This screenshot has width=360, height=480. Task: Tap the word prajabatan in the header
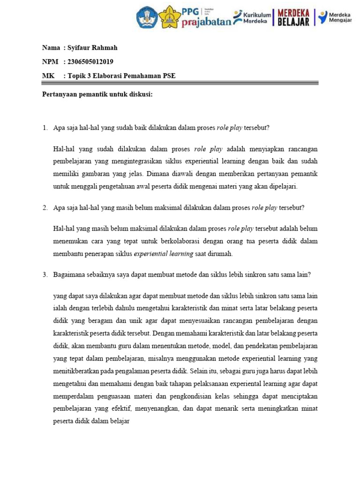[206, 22]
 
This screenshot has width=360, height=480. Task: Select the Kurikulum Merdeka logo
[252, 17]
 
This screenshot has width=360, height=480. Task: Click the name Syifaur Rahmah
[92, 48]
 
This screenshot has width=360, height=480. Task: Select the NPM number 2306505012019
[90, 61]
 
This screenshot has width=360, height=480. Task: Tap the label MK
[48, 75]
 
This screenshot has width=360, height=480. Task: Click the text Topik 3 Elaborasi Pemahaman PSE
[121, 75]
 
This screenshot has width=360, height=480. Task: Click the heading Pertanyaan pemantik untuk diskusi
[97, 94]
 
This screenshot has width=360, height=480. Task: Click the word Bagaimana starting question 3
[68, 275]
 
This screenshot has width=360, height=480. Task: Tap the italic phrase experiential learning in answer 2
[164, 254]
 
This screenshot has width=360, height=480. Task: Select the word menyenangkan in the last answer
[157, 409]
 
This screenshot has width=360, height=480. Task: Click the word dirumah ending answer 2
[220, 254]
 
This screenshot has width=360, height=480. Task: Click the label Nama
[51, 48]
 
